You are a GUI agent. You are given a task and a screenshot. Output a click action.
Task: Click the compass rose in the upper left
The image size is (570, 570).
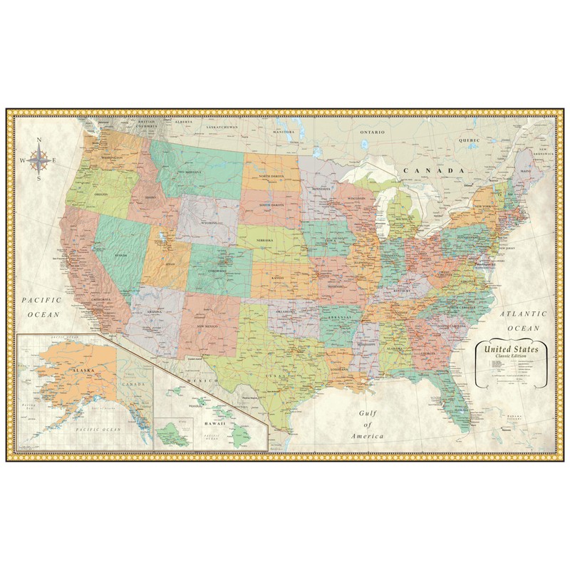pos(39,160)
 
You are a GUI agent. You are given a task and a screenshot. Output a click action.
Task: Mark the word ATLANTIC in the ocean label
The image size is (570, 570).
pos(522,313)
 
